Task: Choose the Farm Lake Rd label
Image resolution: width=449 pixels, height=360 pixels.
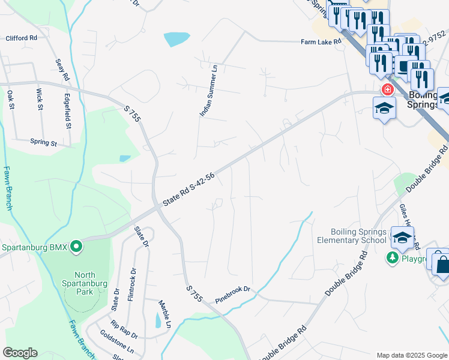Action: (x=321, y=42)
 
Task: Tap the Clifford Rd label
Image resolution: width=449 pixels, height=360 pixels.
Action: (x=21, y=38)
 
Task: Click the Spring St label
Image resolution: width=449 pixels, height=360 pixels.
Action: (x=43, y=143)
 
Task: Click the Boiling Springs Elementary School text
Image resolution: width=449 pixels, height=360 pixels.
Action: (x=358, y=236)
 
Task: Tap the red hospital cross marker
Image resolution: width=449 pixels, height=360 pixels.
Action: (x=387, y=90)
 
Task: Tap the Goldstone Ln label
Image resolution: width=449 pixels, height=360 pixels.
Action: (x=117, y=343)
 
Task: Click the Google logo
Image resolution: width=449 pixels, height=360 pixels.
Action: (x=20, y=353)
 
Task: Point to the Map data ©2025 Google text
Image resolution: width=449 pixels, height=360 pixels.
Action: (x=411, y=355)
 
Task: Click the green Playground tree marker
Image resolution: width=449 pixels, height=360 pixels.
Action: (x=392, y=257)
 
